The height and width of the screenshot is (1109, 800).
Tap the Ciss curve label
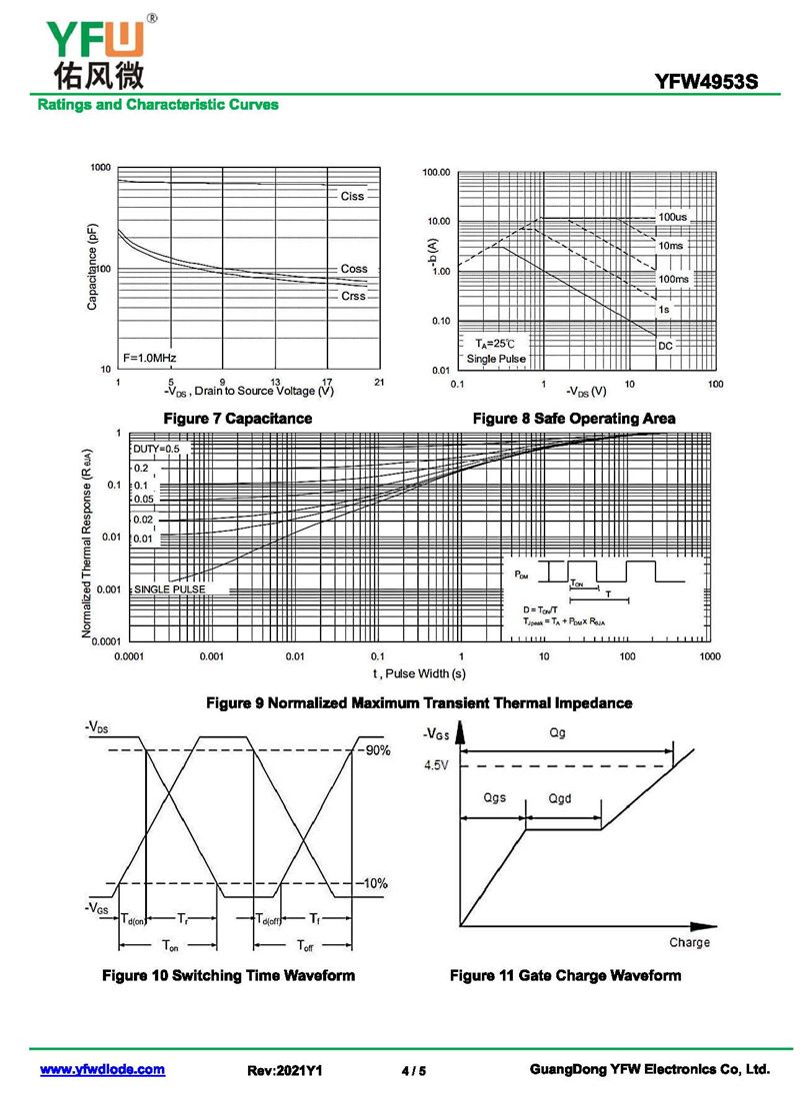tap(352, 196)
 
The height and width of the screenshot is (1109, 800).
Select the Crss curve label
tap(353, 296)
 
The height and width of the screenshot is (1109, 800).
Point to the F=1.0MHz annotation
tap(150, 357)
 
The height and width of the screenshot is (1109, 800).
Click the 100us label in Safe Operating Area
tap(672, 217)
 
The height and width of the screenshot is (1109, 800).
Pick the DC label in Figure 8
tap(665, 346)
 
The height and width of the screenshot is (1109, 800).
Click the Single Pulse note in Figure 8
tap(495, 359)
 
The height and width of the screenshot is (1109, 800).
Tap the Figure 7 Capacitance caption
tap(237, 418)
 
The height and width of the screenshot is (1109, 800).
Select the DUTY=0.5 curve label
tap(157, 450)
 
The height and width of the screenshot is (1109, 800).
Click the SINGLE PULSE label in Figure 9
tap(170, 589)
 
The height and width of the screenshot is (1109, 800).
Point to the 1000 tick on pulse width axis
tap(709, 656)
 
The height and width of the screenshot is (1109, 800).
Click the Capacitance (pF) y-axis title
tap(92, 268)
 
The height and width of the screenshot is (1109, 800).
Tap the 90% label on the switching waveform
tap(376, 750)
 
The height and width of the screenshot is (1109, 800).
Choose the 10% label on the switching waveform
tap(376, 883)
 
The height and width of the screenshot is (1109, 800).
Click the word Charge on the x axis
tap(689, 942)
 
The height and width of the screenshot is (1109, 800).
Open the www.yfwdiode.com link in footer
tap(102, 1069)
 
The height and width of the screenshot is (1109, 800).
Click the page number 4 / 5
tap(413, 1071)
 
